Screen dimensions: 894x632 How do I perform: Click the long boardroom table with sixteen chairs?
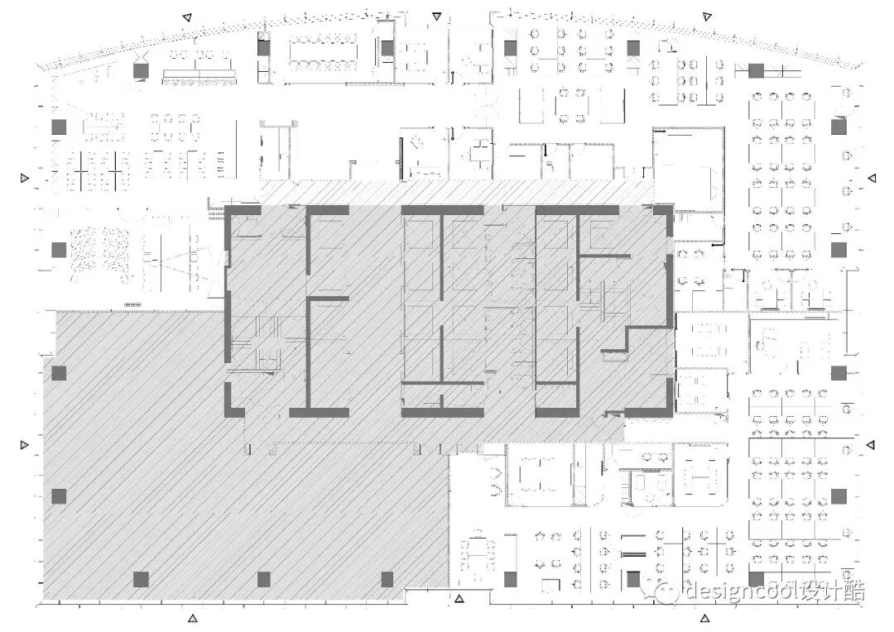(322, 51)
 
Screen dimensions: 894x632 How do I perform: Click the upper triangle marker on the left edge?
(25, 179)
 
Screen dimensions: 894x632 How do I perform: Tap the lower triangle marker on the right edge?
(872, 447)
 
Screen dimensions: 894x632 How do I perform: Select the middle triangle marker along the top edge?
(436, 16)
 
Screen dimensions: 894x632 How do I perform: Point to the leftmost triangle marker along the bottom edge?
(193, 617)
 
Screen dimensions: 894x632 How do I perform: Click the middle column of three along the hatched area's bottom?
(264, 579)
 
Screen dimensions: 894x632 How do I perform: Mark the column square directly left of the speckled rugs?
(58, 249)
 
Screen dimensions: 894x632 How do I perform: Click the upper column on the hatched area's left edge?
(58, 373)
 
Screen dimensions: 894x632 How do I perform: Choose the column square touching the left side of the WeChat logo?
(633, 579)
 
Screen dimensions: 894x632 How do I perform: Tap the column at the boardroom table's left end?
(264, 48)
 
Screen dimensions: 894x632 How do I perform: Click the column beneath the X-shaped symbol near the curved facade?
(141, 71)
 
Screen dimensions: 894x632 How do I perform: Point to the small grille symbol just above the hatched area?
(132, 304)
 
